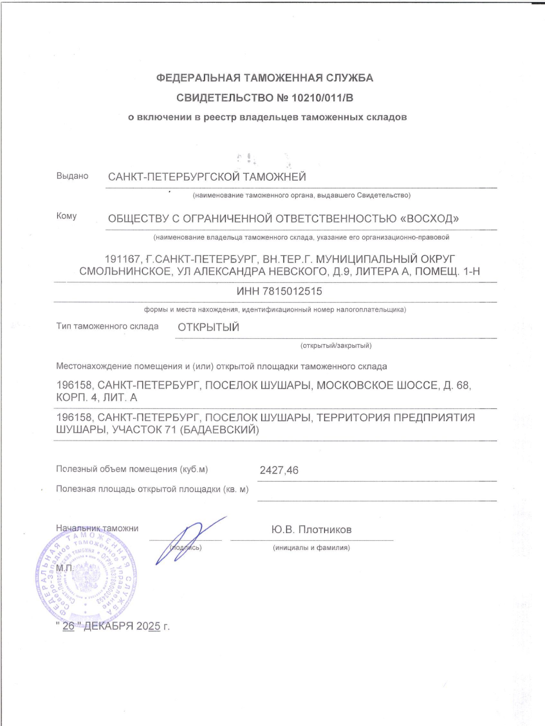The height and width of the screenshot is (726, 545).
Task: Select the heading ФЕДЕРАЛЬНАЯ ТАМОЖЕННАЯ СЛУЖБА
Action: (x=264, y=78)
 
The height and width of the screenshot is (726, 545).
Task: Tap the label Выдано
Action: (x=72, y=176)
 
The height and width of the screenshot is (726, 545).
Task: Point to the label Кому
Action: (x=67, y=217)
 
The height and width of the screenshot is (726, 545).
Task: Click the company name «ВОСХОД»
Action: (x=429, y=219)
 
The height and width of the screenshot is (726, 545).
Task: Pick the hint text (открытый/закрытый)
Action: (x=337, y=345)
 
